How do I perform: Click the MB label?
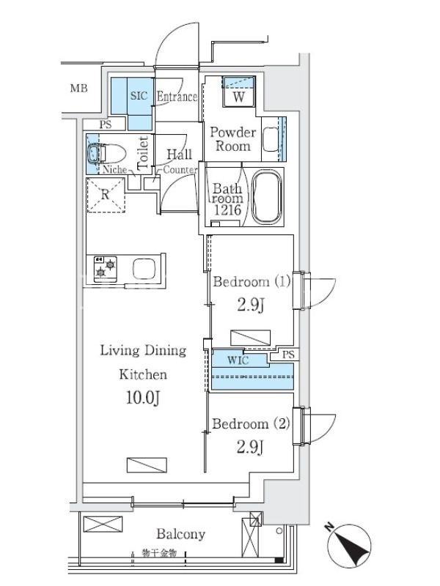point(79,89)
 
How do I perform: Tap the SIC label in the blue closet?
point(139,96)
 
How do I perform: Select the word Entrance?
point(177,97)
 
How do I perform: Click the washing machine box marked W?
point(238,92)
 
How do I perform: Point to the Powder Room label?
point(232,139)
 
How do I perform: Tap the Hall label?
point(179,154)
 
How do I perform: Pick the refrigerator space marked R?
point(106,195)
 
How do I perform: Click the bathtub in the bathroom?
point(266,197)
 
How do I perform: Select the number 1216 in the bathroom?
point(227,210)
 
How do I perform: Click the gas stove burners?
point(105,269)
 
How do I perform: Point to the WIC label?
point(238,360)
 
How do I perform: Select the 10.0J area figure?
point(142,398)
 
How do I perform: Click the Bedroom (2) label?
point(251,424)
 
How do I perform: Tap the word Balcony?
point(180,534)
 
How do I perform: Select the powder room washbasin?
point(269,140)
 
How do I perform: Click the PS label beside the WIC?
point(288,355)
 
